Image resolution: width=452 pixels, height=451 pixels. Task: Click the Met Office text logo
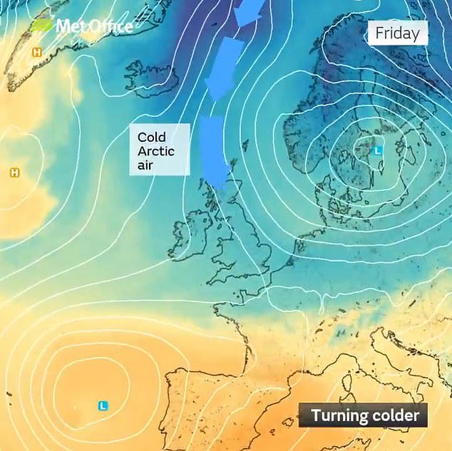(x=94, y=27)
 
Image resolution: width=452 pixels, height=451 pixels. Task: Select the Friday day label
(x=397, y=33)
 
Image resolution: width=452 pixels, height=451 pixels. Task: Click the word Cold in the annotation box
(x=151, y=136)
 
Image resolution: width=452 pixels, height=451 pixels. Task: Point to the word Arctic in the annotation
(x=156, y=151)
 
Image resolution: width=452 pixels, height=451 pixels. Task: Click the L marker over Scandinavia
(x=378, y=150)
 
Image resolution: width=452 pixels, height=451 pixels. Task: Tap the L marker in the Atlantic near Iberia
(x=103, y=405)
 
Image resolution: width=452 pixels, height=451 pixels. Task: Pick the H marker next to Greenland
(x=36, y=52)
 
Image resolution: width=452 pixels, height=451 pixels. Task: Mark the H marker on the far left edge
(x=14, y=173)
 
